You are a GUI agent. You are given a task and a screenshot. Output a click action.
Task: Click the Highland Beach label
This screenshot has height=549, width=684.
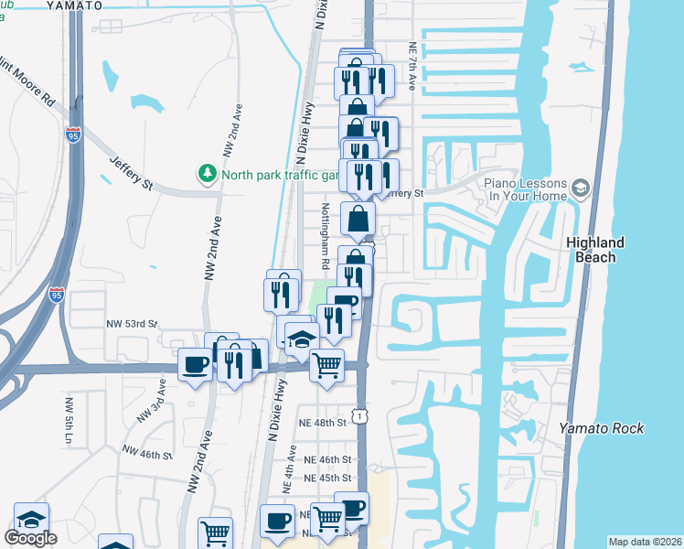(x=595, y=250)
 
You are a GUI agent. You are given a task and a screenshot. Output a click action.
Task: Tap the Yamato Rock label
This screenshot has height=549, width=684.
(x=601, y=428)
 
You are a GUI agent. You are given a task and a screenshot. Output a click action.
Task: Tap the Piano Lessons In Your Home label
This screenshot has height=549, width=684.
(x=521, y=189)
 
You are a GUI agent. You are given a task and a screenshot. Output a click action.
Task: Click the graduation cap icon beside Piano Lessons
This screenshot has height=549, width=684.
(x=580, y=189)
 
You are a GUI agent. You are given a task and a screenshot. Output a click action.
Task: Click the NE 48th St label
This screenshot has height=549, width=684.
(x=323, y=423)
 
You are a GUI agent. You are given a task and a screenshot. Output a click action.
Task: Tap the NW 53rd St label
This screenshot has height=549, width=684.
(x=133, y=324)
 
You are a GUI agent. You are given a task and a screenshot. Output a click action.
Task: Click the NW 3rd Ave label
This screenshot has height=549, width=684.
(x=150, y=402)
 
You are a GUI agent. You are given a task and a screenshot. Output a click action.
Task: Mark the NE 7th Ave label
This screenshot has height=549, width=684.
(x=413, y=67)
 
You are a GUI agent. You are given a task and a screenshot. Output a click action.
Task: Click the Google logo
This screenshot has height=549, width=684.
(x=30, y=538)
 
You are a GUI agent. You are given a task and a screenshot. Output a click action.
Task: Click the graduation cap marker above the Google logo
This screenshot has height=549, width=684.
(x=31, y=517)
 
